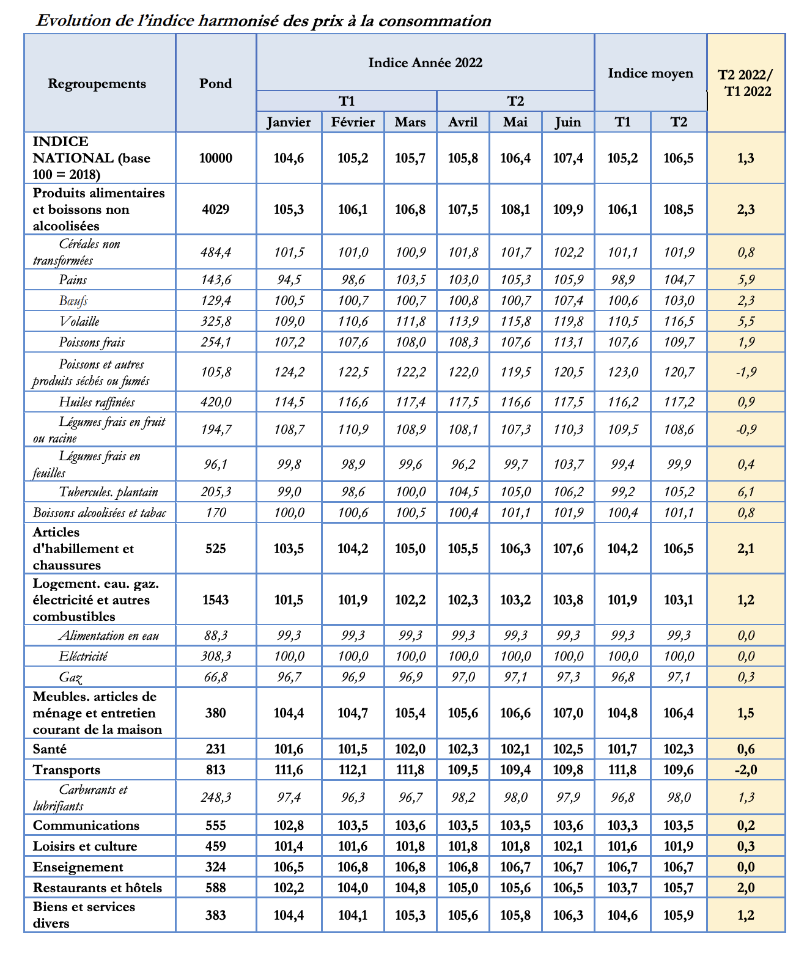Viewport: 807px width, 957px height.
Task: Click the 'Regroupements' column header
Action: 97,84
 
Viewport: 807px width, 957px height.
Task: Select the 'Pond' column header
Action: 216,84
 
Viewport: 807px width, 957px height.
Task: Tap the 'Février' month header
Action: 353,122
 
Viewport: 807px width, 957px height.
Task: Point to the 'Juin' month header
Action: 567,122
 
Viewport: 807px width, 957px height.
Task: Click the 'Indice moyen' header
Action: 650,73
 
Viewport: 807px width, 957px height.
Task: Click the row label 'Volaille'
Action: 79,321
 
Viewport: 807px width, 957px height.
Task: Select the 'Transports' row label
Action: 67,770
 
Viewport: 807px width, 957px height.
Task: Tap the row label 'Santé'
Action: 50,749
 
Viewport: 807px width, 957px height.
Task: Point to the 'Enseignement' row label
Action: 78,867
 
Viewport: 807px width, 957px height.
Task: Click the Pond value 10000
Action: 216,158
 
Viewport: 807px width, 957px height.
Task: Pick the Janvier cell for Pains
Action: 289,280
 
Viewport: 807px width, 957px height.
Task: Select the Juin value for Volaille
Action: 567,321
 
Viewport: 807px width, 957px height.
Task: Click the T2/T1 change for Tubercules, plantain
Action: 746,492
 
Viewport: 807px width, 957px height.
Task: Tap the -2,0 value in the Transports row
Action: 746,770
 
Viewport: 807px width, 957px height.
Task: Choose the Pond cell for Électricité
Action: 216,656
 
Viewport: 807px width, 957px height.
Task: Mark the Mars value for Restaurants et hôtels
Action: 410,888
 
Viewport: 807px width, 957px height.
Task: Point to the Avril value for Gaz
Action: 463,677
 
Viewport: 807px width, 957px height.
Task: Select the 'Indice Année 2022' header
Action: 425,63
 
